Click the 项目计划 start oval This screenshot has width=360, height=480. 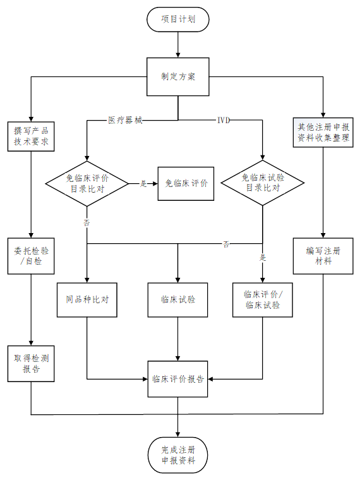pos(178,20)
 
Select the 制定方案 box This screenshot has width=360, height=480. pos(178,76)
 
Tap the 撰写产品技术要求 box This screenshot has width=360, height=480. pos(31,136)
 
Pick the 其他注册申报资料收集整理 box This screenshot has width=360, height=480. pos(323,132)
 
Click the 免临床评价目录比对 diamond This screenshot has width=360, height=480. pos(87,184)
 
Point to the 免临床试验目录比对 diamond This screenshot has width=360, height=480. pos(263,183)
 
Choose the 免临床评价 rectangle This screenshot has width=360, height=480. pos(186,184)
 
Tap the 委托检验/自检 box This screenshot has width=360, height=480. pos(31,256)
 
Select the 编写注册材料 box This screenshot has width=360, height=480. pos(323,256)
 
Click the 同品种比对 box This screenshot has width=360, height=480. pos(87,300)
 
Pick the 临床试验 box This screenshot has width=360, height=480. pos(178,300)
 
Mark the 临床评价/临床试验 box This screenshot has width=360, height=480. pos(263,300)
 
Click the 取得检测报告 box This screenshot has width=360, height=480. pos(31,364)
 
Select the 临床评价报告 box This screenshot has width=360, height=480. pos(178,379)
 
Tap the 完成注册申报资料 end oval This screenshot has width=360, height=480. pos(178,455)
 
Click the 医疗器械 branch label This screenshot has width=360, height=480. pos(125,120)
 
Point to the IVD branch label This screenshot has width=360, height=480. pos(224,120)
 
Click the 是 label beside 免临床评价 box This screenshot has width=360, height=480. pos(143,184)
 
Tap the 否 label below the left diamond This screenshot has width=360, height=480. pos(87,222)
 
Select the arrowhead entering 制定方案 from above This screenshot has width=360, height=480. pos(178,55)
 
